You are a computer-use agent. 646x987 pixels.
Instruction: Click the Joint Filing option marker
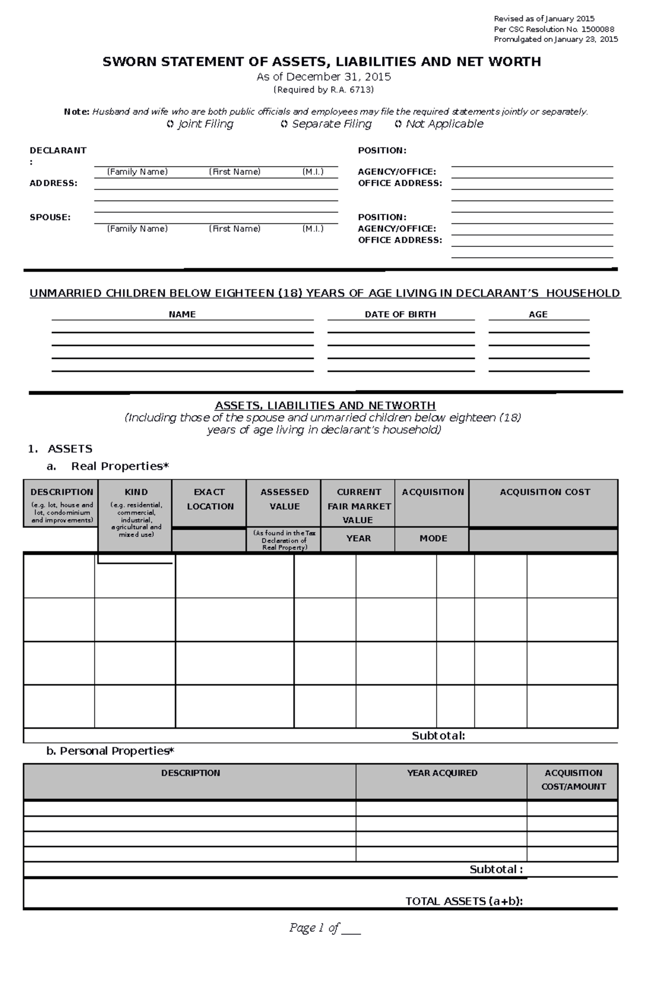[x=170, y=124]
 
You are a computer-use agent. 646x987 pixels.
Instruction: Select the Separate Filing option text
[x=331, y=124]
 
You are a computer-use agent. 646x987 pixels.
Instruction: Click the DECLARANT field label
[x=58, y=151]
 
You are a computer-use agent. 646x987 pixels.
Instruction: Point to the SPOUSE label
[x=50, y=217]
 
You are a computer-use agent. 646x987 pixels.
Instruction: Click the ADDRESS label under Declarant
[x=53, y=183]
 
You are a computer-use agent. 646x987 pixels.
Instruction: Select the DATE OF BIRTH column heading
[x=400, y=314]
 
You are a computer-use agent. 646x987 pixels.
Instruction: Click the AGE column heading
[x=538, y=314]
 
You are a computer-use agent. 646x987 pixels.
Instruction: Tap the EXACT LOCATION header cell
[x=209, y=499]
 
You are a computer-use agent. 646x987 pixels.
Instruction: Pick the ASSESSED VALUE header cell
[x=284, y=499]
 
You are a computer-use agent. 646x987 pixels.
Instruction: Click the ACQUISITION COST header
[x=544, y=492]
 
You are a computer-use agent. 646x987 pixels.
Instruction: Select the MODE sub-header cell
[x=433, y=538]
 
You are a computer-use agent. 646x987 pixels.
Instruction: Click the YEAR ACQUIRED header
[x=441, y=773]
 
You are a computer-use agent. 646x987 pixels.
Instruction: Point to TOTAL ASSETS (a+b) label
[x=464, y=901]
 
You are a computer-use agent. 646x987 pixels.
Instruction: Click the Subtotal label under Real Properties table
[x=438, y=736]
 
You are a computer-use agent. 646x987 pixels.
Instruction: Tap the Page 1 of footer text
[x=325, y=927]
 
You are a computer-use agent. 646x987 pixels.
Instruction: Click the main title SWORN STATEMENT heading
[x=321, y=62]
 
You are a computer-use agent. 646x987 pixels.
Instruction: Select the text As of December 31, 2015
[x=324, y=77]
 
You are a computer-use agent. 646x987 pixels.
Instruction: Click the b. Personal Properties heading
[x=110, y=751]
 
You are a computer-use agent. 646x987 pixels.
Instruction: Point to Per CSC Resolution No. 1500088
[x=554, y=29]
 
